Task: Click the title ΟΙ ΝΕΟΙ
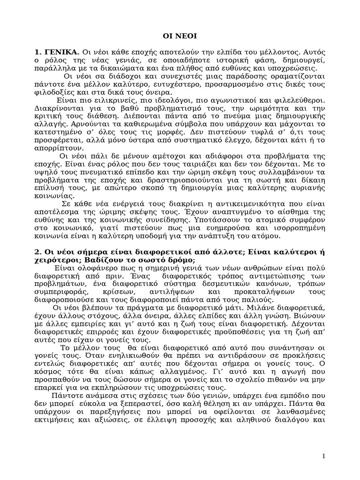(180, 35)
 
